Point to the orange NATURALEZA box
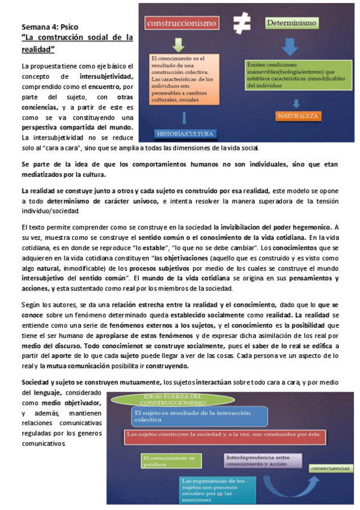point(298,114)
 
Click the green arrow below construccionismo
point(178,45)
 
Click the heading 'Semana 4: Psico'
point(50,27)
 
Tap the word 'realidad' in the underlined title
point(37,48)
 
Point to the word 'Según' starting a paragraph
point(31,306)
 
